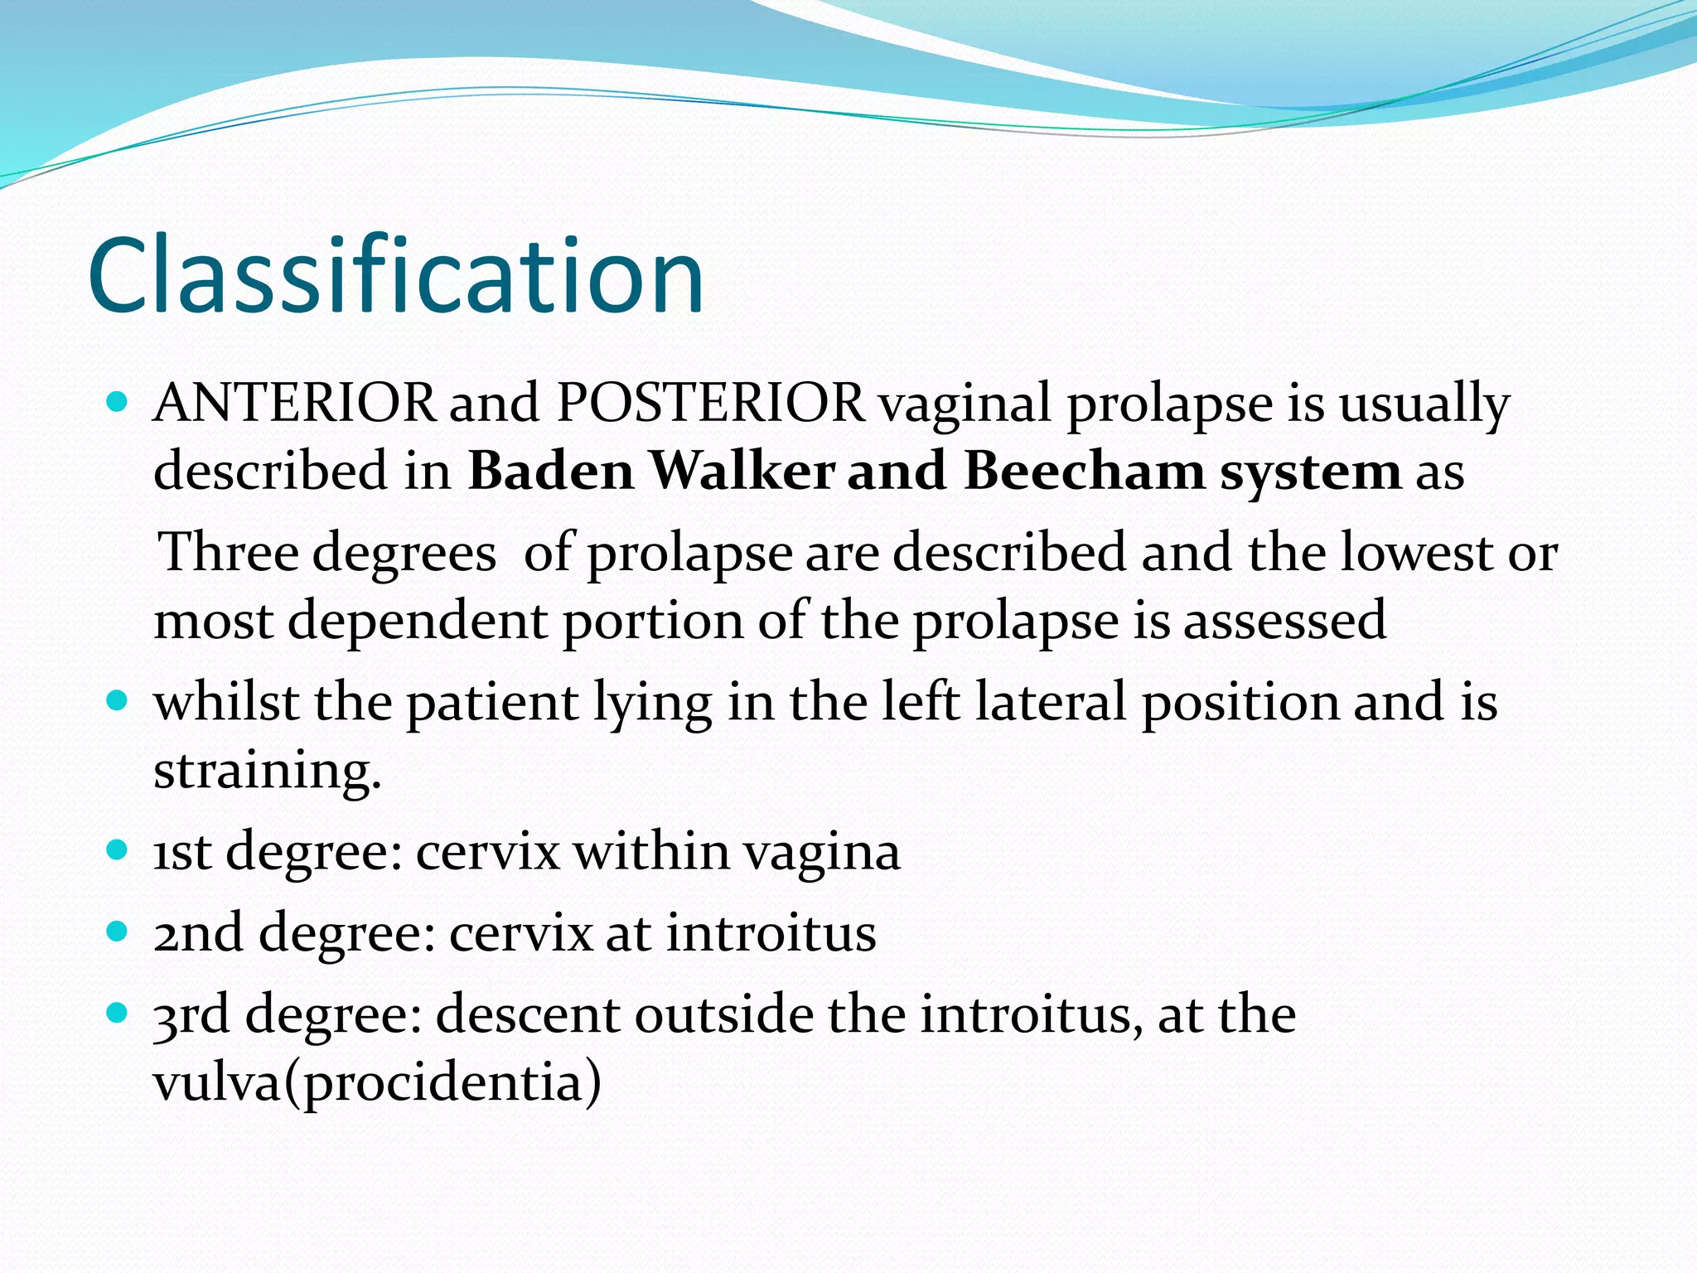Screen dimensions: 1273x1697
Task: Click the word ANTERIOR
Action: click(x=294, y=404)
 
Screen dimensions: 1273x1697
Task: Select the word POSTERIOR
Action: click(x=710, y=404)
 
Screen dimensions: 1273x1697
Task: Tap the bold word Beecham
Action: click(x=1084, y=471)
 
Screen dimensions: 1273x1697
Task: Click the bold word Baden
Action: click(x=551, y=471)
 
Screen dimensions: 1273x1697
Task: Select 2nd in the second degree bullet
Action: click(x=197, y=933)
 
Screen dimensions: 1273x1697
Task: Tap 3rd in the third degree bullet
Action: click(x=191, y=1014)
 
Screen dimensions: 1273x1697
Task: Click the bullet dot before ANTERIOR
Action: click(x=118, y=404)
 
